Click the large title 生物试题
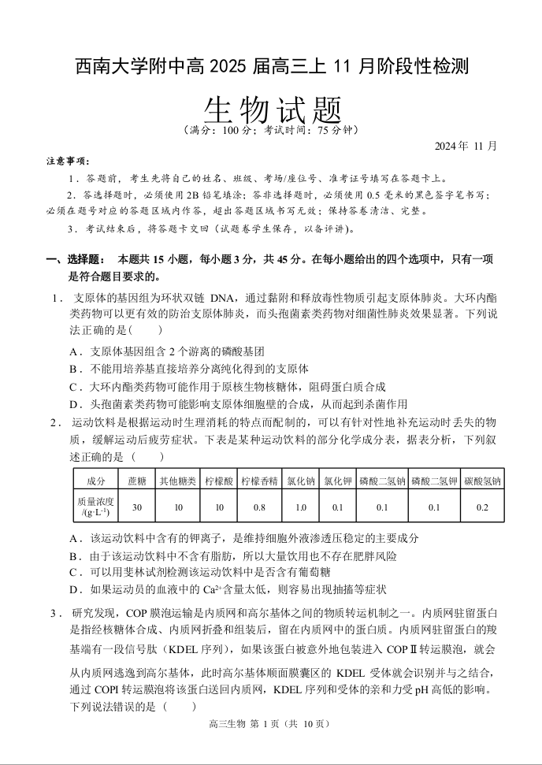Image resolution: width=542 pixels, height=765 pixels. [x=271, y=106]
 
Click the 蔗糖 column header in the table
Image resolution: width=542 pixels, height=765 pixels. [x=137, y=480]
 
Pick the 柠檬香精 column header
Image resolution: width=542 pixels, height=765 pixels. [x=259, y=480]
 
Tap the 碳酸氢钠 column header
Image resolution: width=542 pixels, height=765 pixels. [x=482, y=480]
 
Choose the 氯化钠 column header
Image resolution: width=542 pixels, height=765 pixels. [x=300, y=480]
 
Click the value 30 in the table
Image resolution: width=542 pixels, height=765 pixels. [x=137, y=507]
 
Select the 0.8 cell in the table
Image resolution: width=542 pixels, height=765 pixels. [x=259, y=507]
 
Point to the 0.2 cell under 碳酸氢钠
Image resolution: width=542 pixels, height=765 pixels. [x=482, y=507]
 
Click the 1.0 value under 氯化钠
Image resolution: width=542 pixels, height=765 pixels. [x=300, y=507]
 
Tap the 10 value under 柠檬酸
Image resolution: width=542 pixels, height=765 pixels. [x=219, y=507]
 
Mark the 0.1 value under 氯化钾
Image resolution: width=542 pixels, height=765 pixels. [x=338, y=507]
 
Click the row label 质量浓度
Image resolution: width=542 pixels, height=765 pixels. [x=95, y=502]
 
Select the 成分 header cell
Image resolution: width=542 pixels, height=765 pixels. [x=95, y=480]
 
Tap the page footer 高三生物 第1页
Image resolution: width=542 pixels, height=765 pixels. [x=269, y=724]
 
